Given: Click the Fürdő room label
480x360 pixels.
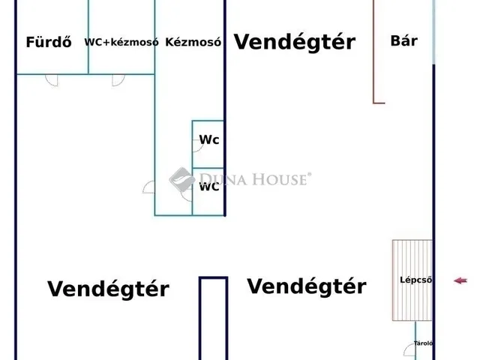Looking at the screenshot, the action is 49,42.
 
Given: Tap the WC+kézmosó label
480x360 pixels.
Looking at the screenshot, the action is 121,42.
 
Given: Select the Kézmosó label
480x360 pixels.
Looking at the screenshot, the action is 193,42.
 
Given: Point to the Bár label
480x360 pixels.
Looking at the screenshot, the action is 404,40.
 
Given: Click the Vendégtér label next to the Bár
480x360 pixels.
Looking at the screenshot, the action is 295,42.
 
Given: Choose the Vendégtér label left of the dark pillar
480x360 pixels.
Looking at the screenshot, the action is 108,289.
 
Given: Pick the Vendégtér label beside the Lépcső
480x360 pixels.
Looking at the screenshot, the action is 307,286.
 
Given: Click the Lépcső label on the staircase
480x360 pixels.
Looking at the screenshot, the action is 416,280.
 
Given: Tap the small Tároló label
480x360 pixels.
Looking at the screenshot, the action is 423,343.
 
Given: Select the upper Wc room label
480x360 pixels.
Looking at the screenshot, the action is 209,139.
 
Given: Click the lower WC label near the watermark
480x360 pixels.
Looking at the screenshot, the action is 209,187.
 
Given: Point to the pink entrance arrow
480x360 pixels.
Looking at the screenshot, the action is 460,280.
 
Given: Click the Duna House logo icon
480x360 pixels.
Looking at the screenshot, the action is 182,179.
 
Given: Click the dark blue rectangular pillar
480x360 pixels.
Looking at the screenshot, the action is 213,318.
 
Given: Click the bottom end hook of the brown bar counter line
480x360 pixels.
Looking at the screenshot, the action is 379,103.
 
